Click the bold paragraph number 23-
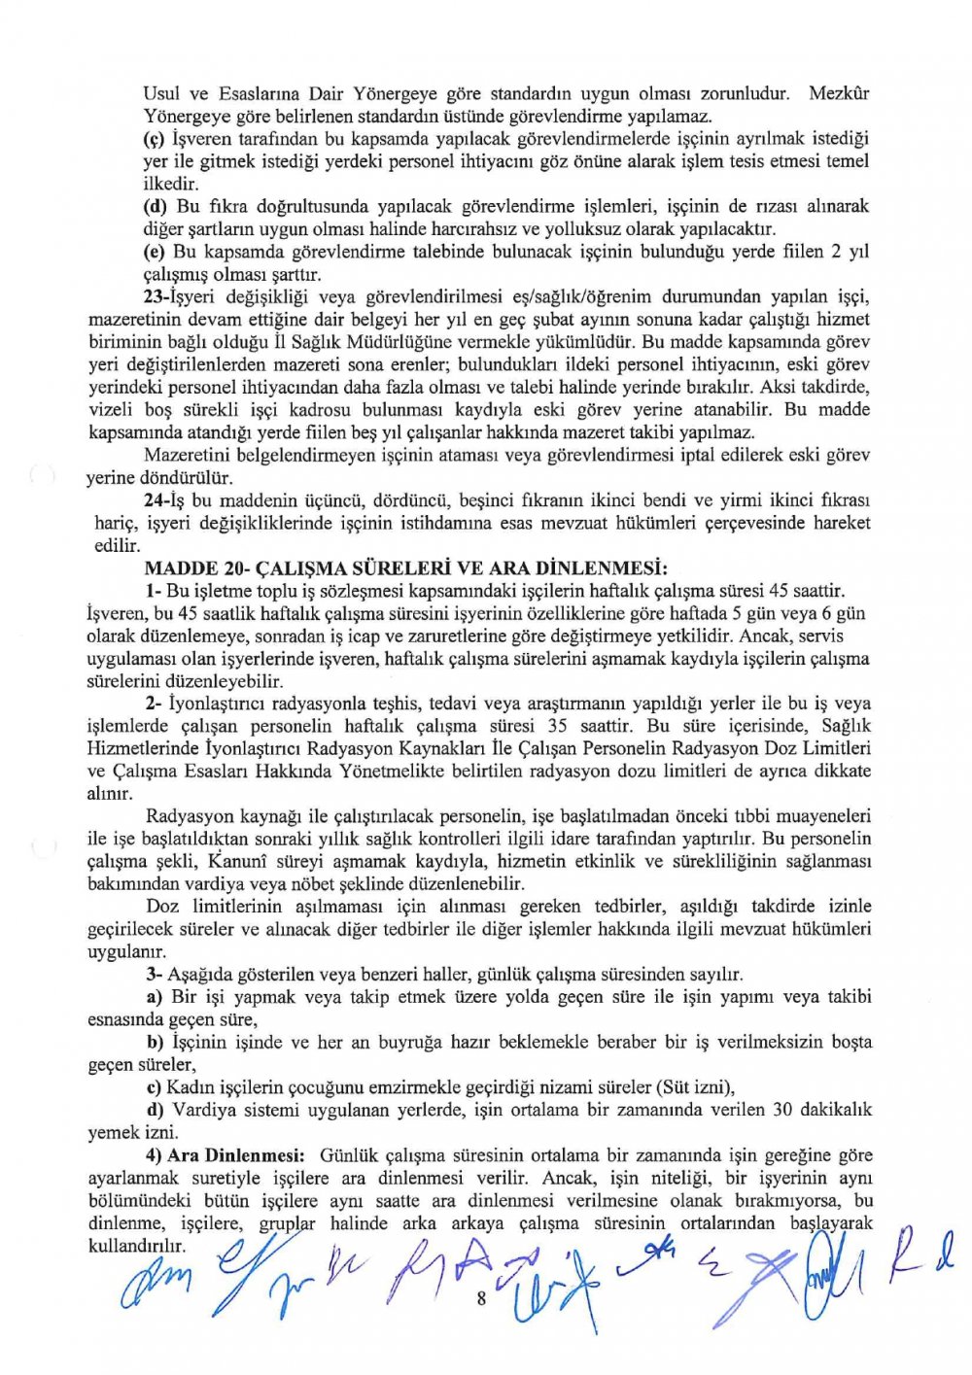point(157,296)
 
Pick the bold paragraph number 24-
point(157,500)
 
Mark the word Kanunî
point(232,861)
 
